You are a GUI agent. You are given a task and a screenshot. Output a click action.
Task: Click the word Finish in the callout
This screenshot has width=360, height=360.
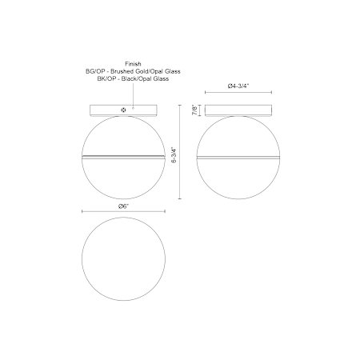[x=133, y=64]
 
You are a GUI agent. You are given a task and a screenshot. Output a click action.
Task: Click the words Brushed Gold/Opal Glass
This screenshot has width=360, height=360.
[x=146, y=71]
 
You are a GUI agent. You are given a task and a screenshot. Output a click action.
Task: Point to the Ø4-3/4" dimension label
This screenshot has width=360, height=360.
[x=238, y=86]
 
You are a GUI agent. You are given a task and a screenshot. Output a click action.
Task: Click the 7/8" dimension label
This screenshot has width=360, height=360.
[x=196, y=110]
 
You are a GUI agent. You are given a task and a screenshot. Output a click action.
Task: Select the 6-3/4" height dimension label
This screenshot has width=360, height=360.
[x=174, y=154]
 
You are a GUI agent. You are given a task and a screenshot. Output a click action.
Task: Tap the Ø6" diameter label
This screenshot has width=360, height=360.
[x=124, y=206]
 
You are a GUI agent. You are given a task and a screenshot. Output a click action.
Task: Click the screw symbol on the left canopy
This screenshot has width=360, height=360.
[x=123, y=110]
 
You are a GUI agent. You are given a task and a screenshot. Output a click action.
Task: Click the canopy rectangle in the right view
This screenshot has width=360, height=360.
[x=238, y=110]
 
